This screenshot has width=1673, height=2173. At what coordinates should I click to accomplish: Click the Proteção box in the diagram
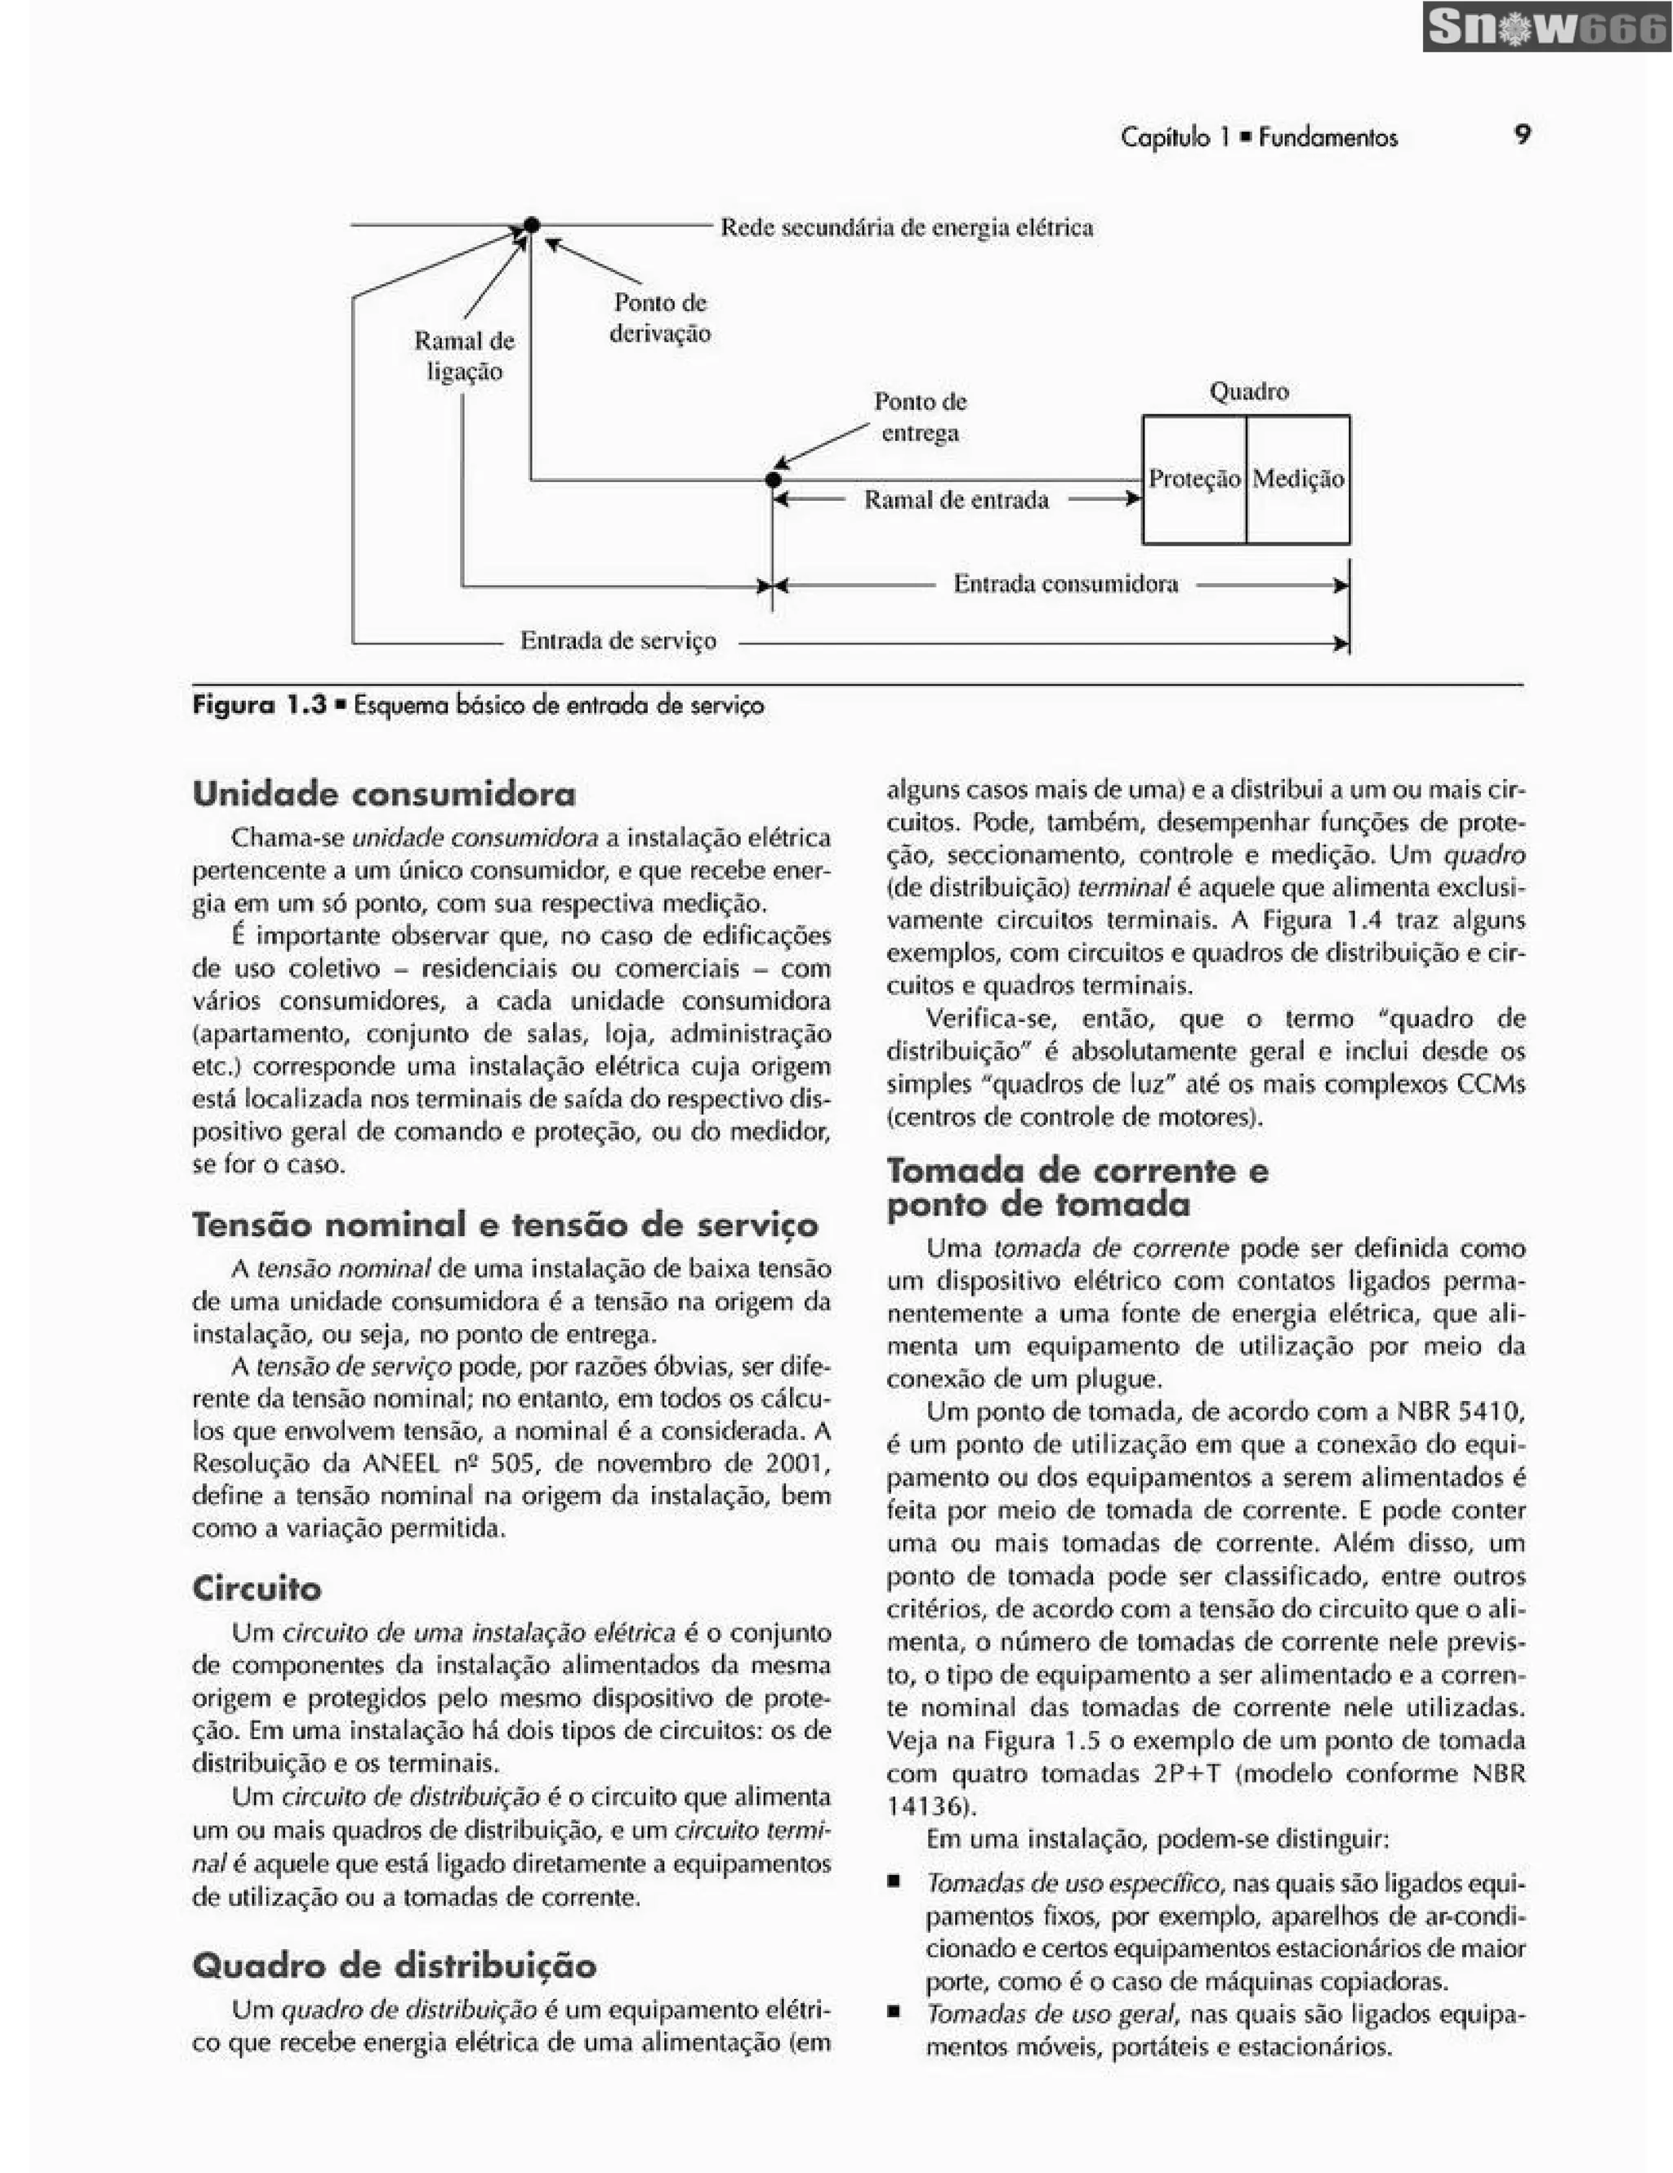coord(1193,480)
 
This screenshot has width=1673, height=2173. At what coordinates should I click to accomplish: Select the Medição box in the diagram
coord(1297,480)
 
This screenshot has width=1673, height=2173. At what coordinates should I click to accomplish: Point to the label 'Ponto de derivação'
coord(659,318)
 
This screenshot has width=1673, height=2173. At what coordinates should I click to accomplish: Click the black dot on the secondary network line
coord(531,225)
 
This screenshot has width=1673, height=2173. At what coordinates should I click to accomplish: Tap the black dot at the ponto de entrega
coord(773,480)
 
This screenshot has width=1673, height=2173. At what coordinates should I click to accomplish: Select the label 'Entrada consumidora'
coord(1065,584)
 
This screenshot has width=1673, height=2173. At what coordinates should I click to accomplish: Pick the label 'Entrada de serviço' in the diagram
coord(618,640)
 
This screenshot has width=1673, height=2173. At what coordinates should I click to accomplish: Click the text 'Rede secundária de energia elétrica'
coord(906,228)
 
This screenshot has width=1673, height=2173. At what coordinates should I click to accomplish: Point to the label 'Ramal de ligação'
coord(465,356)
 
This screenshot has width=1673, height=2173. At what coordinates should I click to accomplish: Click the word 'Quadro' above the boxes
coord(1248,392)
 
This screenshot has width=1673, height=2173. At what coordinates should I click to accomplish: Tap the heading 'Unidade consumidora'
coord(384,794)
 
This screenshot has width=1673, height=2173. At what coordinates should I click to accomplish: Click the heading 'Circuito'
coord(257,1588)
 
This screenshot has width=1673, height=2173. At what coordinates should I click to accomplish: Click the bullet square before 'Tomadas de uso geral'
coord(894,2014)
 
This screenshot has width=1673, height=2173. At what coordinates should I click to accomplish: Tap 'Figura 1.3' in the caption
coord(259,706)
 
